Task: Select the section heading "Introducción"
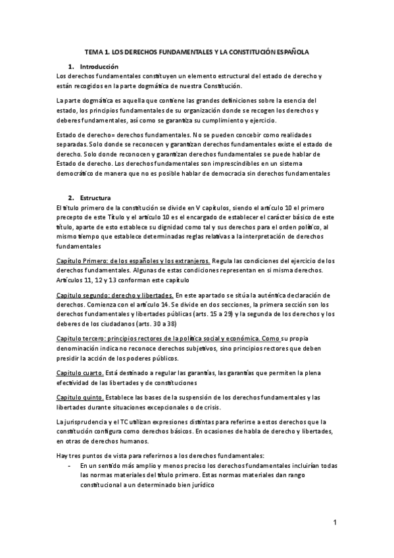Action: (99, 66)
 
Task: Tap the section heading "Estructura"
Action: (95, 198)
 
